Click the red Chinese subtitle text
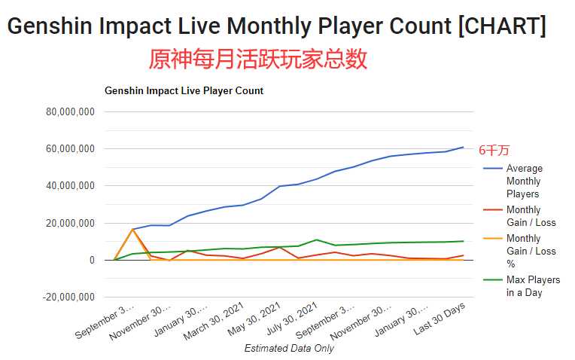point(258,59)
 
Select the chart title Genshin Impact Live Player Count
point(184,91)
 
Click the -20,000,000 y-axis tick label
point(67,297)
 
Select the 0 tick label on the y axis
point(91,260)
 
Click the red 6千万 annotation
point(494,151)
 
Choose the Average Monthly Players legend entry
point(524,181)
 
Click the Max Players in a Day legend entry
point(533,286)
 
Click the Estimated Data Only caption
point(289,348)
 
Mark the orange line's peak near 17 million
point(132,229)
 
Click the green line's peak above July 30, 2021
point(317,240)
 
